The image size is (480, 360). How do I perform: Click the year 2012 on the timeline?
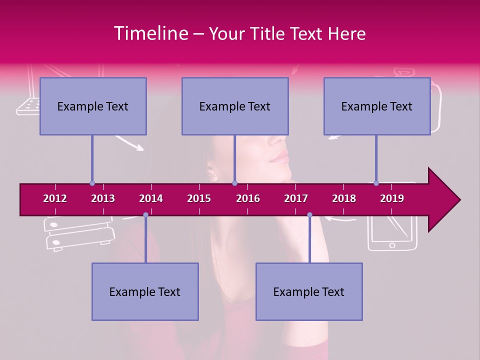[55, 198]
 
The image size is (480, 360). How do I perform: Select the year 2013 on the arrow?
[103, 198]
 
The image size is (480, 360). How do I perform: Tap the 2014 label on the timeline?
[151, 198]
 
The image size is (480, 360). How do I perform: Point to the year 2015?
[199, 198]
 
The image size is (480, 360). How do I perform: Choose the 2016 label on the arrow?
[248, 198]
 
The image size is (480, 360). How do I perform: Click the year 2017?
[296, 198]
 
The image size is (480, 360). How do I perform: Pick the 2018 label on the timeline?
[344, 198]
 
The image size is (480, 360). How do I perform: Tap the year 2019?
[392, 198]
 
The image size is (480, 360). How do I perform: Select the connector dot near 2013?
[92, 183]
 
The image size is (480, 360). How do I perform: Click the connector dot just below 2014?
[145, 214]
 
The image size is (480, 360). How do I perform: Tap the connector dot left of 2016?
[234, 183]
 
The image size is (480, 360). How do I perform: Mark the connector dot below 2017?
[309, 214]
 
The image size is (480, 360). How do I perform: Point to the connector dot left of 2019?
[376, 183]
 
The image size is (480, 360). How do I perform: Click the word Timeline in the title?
[150, 33]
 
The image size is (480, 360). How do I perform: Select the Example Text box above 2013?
[93, 106]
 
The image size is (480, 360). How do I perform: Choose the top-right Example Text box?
[377, 106]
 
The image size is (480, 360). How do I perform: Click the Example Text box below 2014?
[145, 291]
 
